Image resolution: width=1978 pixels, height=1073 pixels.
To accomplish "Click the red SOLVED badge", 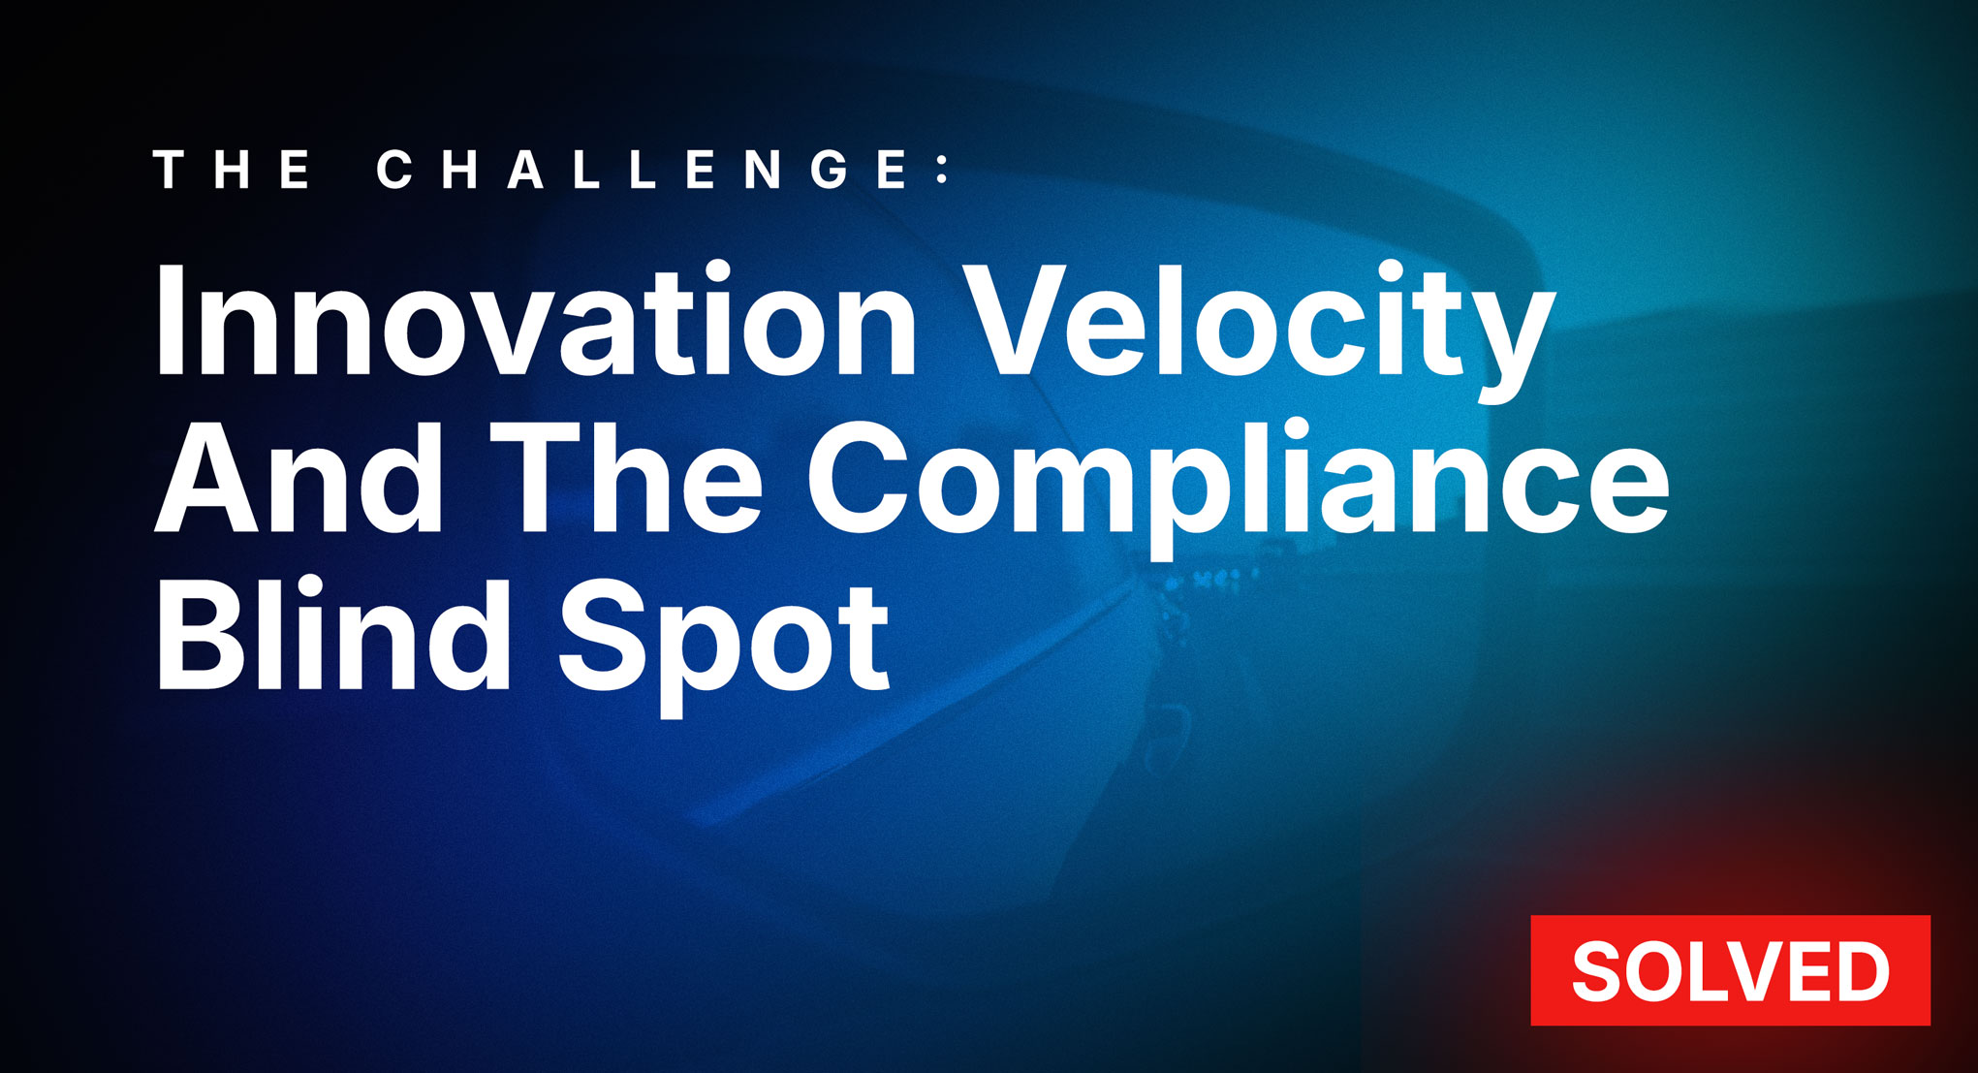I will [1730, 970].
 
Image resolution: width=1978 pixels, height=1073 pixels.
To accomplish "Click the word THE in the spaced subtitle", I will [234, 171].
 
